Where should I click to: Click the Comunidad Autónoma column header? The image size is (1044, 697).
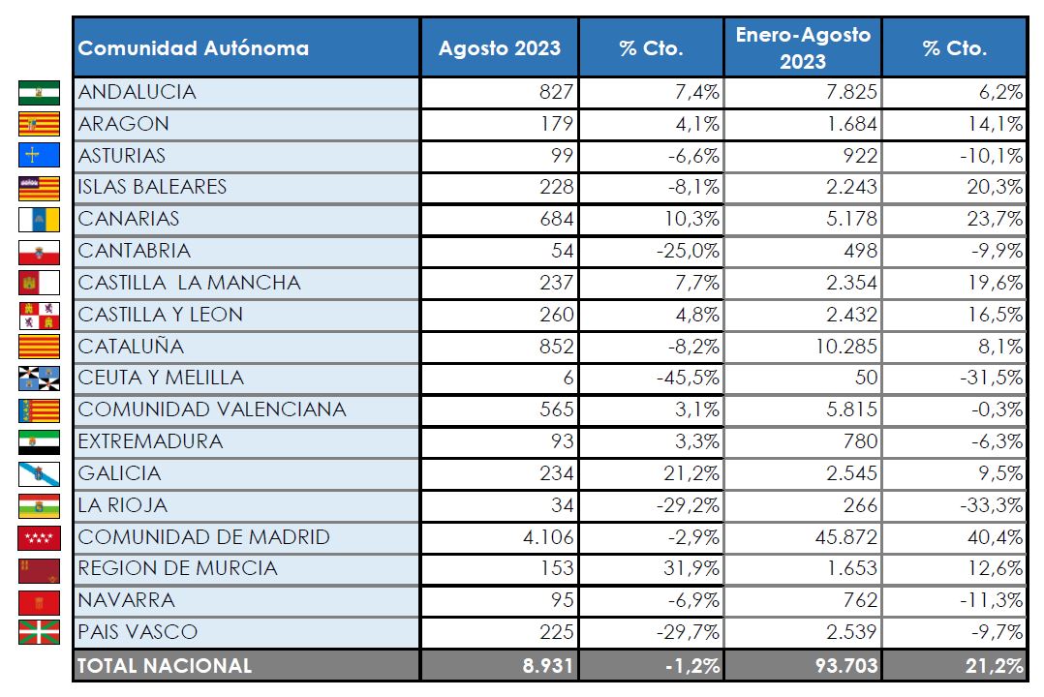pos(194,48)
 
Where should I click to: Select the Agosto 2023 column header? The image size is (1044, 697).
pos(499,48)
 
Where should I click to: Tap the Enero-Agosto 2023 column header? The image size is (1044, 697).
pos(803,48)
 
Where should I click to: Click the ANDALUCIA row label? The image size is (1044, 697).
pos(138,92)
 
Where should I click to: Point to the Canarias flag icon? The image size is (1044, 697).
pos(39,220)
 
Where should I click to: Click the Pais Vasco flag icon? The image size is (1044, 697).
pos(39,633)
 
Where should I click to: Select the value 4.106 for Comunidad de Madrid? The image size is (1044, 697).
pos(548,537)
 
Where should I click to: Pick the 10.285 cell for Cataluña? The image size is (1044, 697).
pos(841,346)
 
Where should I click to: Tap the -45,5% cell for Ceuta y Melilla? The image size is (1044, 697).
pos(685,378)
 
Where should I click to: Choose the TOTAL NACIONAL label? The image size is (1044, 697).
pos(165,666)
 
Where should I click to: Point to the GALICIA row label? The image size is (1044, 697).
pos(120,473)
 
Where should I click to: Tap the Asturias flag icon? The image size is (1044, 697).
pos(39,156)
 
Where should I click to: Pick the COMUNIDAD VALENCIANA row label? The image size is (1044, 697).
pos(212,409)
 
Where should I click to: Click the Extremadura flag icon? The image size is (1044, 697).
pos(39,442)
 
